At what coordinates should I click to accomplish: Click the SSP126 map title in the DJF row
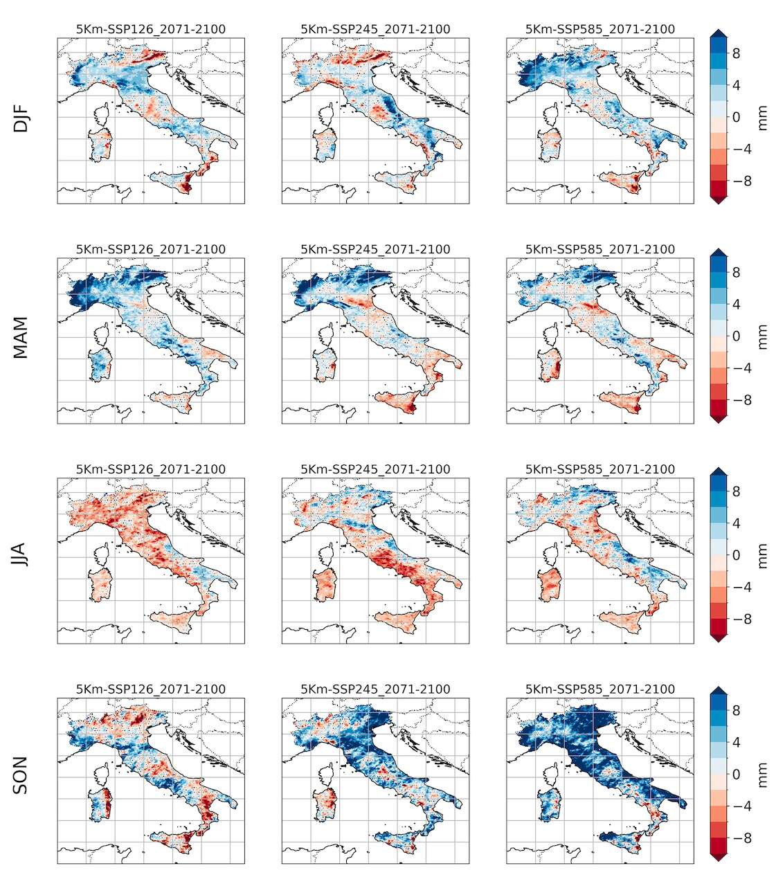tap(151, 29)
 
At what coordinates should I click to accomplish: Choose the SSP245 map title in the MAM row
tap(375, 249)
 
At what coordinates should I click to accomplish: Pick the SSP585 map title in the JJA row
tap(599, 469)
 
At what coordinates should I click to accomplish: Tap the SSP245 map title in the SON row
tap(375, 689)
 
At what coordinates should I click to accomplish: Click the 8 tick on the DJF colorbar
tap(737, 53)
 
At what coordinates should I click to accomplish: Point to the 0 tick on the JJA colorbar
tap(737, 555)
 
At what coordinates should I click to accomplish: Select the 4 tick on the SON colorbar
tap(737, 743)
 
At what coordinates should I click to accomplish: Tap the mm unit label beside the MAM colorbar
tap(763, 337)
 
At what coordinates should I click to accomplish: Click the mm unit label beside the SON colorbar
tap(763, 775)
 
